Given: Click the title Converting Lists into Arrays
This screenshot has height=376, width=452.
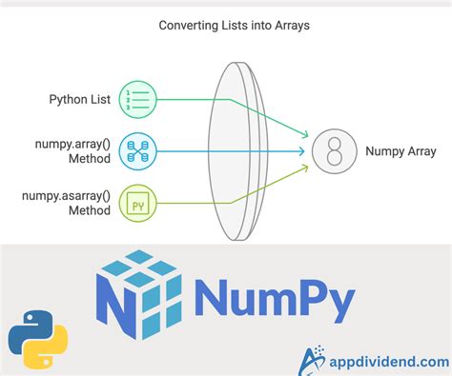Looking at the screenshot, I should click(226, 26).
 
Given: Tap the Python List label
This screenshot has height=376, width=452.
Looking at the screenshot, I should click(82, 99).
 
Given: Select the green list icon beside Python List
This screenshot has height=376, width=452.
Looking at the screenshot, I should click(140, 99).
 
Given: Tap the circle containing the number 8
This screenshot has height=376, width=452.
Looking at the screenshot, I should click(333, 150).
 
